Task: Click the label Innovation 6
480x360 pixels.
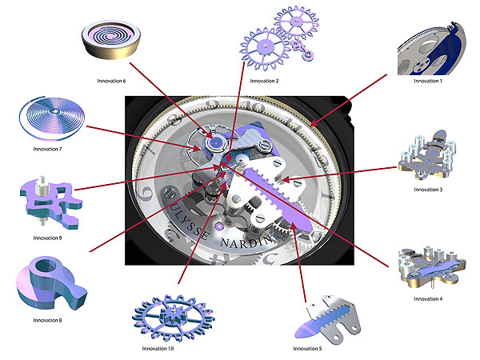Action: pos(111,81)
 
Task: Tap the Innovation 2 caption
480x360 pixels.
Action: pos(264,81)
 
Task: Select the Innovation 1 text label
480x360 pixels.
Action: pos(428,81)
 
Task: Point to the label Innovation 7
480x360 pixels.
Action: pos(47,149)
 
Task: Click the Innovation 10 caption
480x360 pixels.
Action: pos(158,348)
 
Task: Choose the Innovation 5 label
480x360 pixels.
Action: pos(307,348)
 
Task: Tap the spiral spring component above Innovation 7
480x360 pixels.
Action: pos(51,118)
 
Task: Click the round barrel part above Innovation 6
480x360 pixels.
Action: pos(111,39)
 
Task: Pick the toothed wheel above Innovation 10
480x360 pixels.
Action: pos(174,318)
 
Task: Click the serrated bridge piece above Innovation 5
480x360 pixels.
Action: pos(327,318)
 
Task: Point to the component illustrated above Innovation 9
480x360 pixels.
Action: pos(50,203)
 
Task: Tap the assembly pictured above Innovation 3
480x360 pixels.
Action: pos(427,155)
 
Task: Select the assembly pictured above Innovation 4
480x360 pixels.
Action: pos(431,267)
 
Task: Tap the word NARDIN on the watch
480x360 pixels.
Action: pos(246,242)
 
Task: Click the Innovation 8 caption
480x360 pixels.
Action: pos(47,320)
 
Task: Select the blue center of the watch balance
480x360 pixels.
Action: pos(215,142)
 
